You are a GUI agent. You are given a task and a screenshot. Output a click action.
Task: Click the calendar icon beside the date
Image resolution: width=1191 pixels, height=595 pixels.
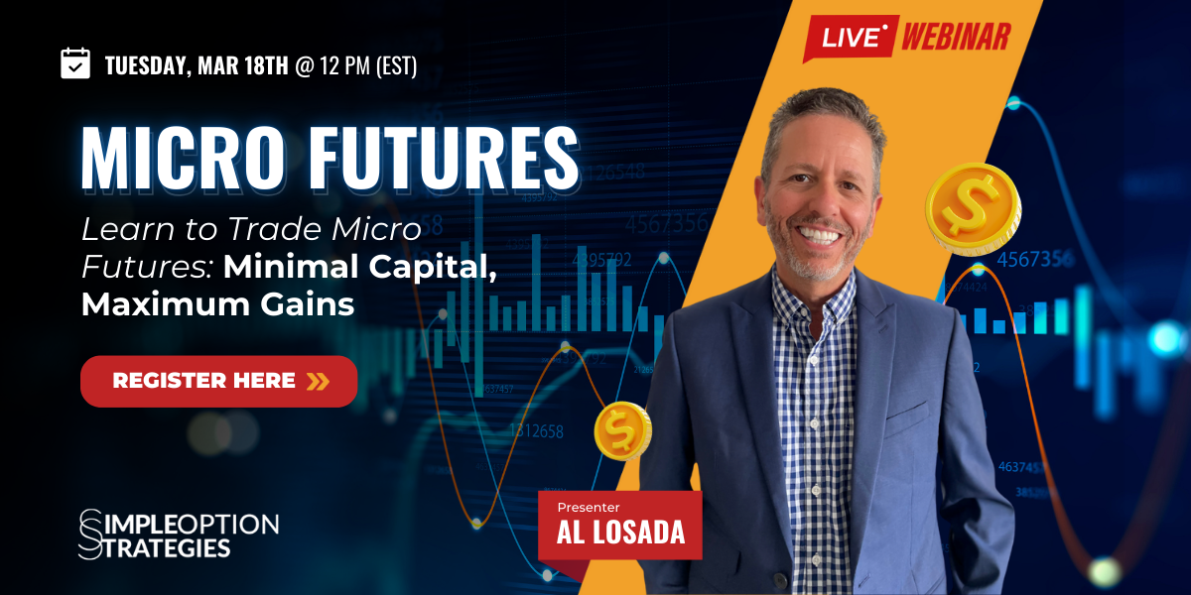coord(75,63)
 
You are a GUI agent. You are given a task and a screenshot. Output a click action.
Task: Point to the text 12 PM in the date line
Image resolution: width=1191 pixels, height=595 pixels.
coord(344,65)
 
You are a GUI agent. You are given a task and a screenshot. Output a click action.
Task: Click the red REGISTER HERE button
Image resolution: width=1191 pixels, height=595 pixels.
coord(218,381)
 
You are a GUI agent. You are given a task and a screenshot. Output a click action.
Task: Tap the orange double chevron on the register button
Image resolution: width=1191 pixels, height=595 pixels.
coord(318,381)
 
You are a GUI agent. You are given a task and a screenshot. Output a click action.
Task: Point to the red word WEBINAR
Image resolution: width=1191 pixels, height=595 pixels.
coord(956,37)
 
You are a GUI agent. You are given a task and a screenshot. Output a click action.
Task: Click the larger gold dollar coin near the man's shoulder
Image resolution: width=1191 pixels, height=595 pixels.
coord(973,209)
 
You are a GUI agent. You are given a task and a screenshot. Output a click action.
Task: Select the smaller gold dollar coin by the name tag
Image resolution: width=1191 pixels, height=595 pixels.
coord(622,430)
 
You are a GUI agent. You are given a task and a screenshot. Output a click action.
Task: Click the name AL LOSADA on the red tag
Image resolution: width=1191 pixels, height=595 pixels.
coord(620,533)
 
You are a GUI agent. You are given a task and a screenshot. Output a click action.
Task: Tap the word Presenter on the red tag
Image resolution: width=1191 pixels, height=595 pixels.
coord(588,508)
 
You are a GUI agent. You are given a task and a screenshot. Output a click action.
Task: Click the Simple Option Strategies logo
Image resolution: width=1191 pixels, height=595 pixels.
coord(179,534)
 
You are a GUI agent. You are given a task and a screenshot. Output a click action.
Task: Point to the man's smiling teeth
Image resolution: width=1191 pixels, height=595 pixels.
coord(819,235)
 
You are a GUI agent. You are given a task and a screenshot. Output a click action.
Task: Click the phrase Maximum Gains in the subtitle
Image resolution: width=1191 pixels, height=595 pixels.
coord(217,304)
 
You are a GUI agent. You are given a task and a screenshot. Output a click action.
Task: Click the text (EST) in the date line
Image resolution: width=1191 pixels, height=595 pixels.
coord(396,65)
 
